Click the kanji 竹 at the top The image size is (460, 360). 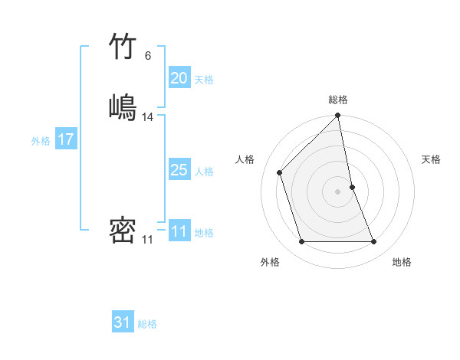point(123,47)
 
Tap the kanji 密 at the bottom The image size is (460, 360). point(123,231)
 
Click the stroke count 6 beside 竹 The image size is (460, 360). point(147,56)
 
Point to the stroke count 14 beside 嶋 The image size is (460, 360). point(148,117)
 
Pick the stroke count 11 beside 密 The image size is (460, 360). point(147,240)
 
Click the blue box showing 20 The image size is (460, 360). point(179,78)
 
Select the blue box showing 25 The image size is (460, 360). point(179,170)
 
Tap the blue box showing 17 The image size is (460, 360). point(66,139)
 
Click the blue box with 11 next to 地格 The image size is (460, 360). point(179,231)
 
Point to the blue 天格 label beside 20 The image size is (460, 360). point(204,80)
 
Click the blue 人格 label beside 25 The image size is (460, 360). point(204,172)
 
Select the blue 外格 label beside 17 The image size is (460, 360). point(41,141)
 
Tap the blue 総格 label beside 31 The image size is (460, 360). point(147,324)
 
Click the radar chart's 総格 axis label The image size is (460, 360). point(338,100)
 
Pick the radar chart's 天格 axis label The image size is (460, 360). point(432,159)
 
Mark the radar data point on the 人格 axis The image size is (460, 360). point(280,172)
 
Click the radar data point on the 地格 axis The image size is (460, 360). point(374,242)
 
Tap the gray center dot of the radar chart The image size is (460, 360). point(338,191)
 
